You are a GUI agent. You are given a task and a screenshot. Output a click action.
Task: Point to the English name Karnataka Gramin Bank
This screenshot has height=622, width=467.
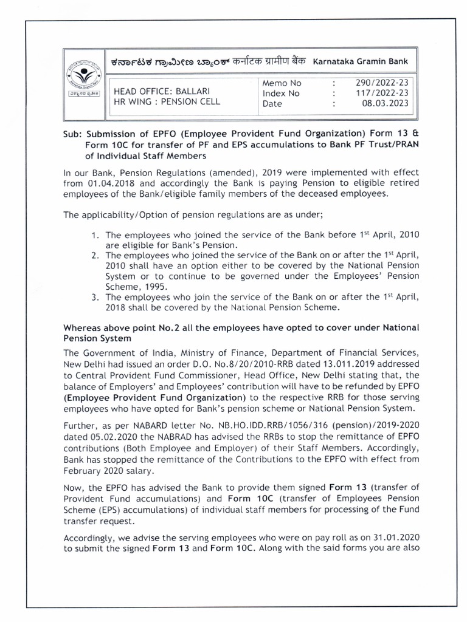click(x=361, y=61)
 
